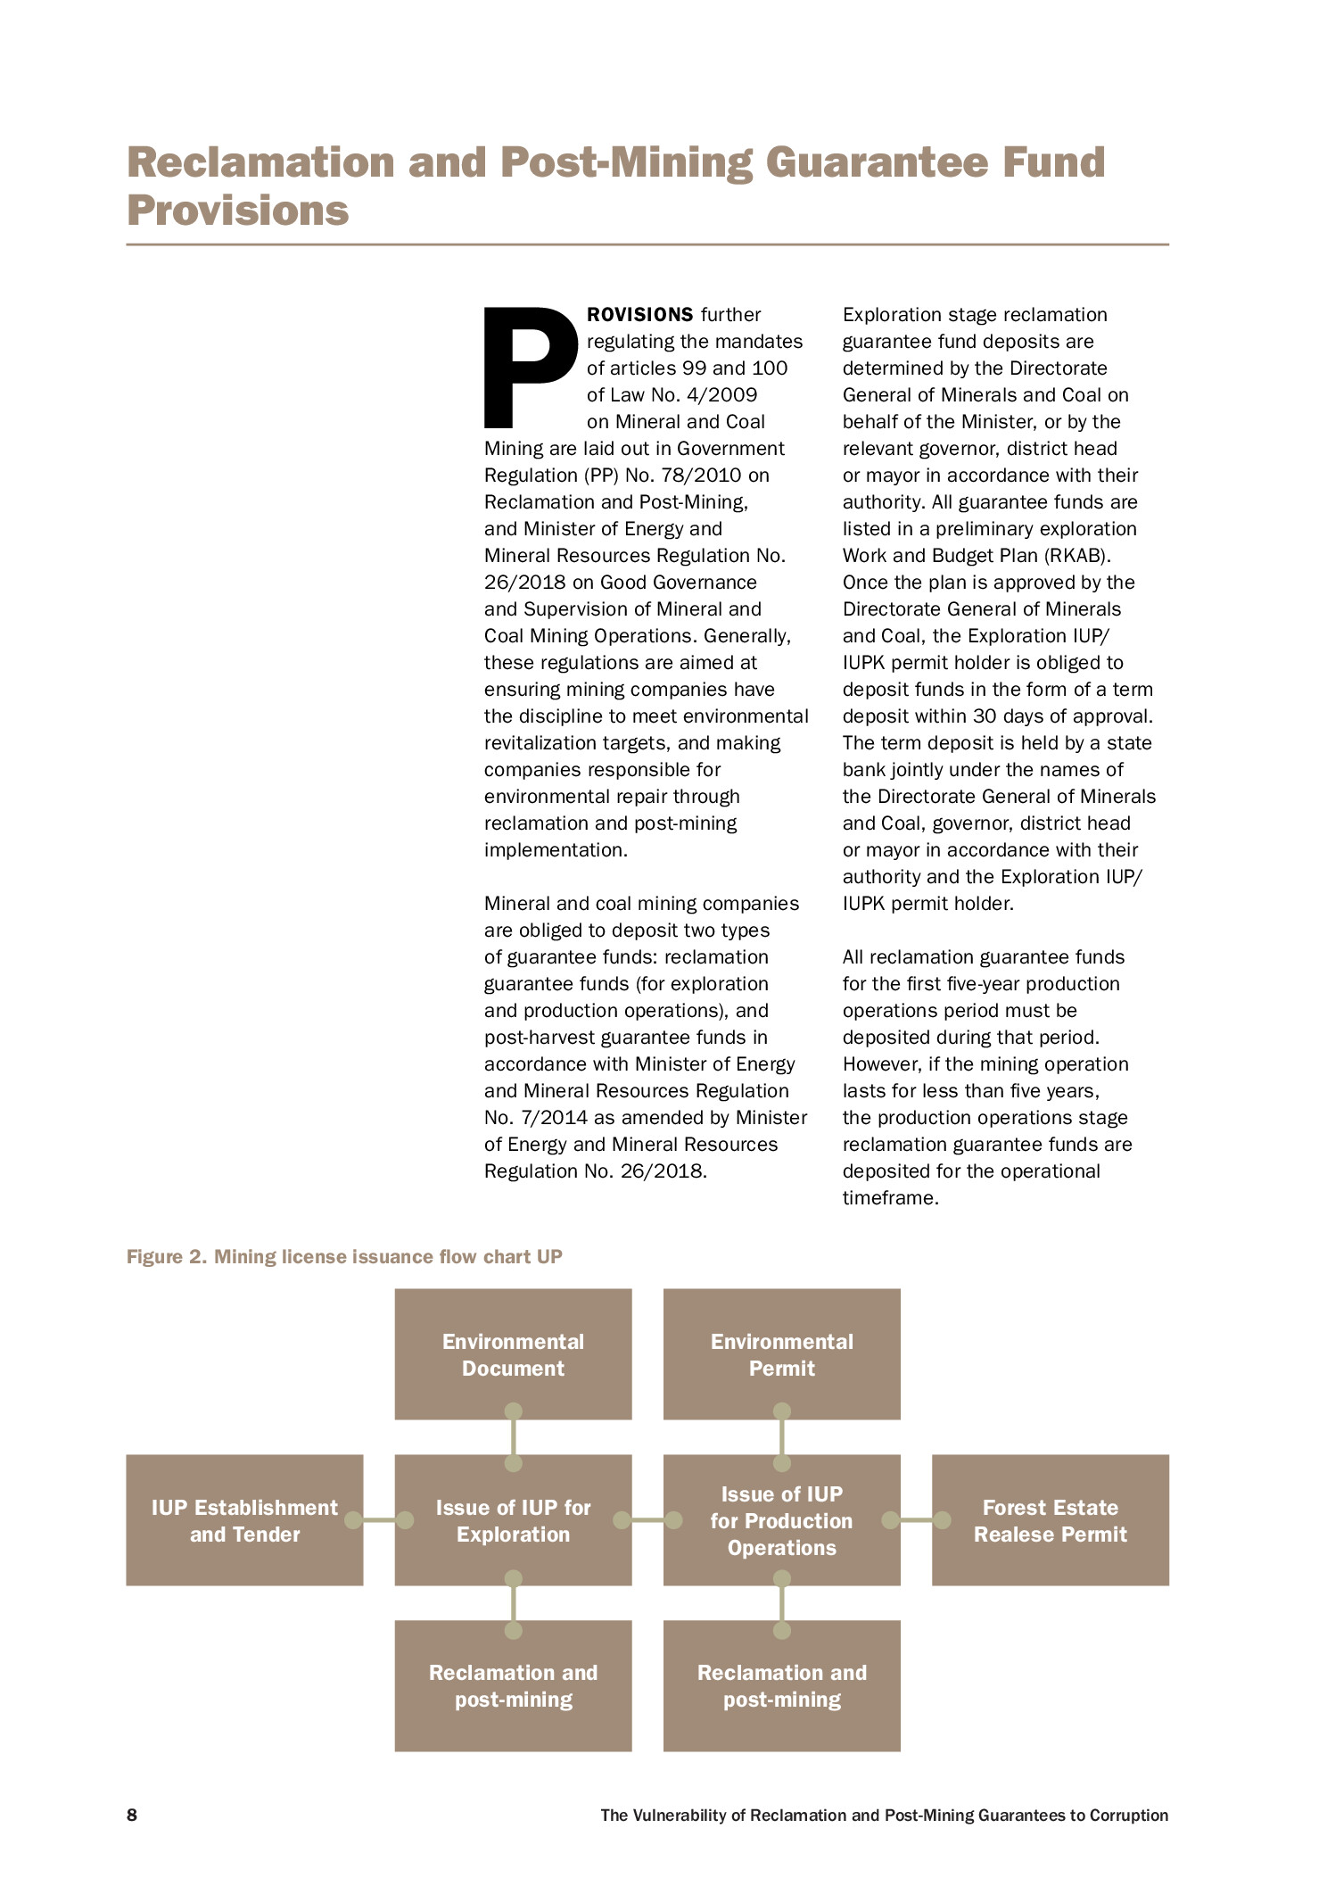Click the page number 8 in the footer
tap(132, 1815)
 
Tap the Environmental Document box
tap(513, 1353)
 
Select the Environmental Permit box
tap(781, 1353)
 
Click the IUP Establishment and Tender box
tap(244, 1520)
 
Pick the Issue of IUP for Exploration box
tap(513, 1520)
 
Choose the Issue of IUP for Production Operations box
tap(781, 1520)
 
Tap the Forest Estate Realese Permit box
tap(1050, 1520)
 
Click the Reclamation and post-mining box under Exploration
tap(513, 1685)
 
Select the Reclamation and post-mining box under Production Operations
tap(781, 1685)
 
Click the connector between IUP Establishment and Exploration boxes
tap(379, 1520)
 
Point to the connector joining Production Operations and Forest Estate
tap(916, 1520)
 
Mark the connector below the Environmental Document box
tap(513, 1437)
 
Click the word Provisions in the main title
tap(238, 211)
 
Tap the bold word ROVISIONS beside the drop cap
tap(639, 315)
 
